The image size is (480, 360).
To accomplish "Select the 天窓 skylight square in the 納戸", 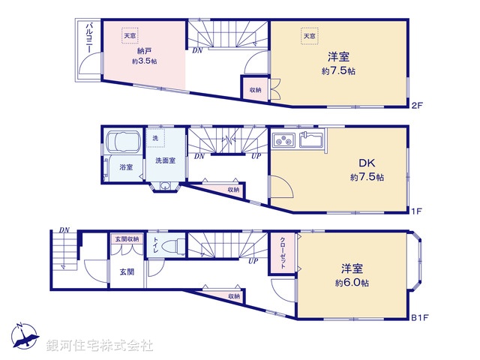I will pos(130,35).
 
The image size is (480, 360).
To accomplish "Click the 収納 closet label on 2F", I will pos(256,90).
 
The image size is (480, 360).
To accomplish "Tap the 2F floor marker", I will pos(417,106).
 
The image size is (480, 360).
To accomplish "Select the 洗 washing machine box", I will pos(155,138).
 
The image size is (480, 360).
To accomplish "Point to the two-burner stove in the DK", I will pos(283,139).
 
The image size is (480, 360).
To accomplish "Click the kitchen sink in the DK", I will pos(310,139).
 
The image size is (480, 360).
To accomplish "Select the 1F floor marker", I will pos(417,211).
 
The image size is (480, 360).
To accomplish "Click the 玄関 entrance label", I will pos(126,271).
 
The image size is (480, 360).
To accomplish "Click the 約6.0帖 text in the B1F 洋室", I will pos(356,283).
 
